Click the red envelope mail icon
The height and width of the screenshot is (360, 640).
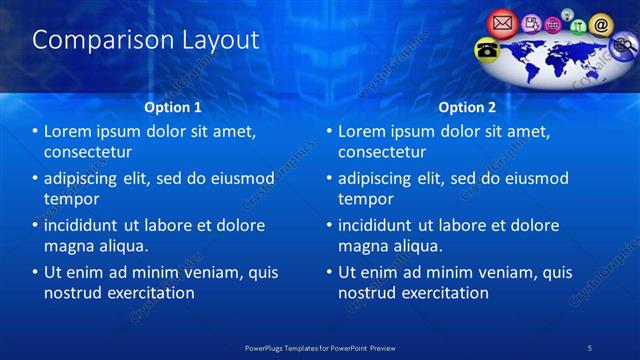503,21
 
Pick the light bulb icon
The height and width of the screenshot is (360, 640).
566,14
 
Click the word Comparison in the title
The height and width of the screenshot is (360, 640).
93,40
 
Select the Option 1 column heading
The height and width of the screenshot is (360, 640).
173,106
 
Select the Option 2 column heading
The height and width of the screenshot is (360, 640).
467,106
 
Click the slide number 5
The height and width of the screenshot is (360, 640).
591,346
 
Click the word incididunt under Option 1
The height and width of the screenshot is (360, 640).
88,225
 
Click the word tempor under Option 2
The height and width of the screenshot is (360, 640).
366,199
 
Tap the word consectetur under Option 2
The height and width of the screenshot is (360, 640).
385,152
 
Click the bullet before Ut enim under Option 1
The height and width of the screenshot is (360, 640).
35,272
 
